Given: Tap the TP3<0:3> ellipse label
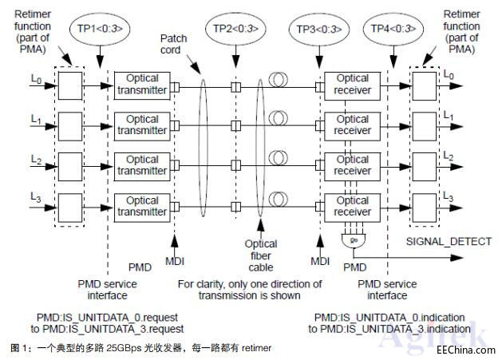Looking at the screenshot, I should [x=318, y=29].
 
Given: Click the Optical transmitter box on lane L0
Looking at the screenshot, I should [x=143, y=85].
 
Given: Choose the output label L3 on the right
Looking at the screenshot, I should [x=449, y=196].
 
